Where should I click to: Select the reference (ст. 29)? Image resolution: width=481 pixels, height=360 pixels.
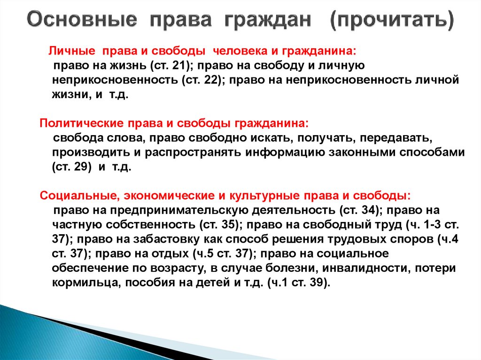(x=71, y=168)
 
